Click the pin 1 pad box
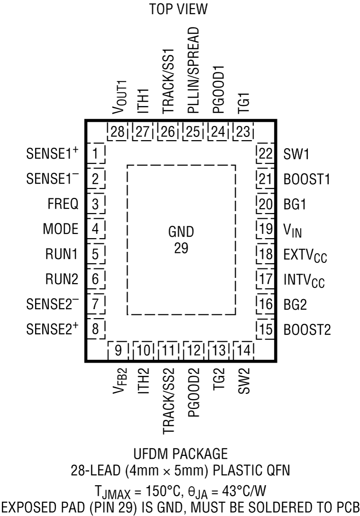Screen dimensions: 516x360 96,154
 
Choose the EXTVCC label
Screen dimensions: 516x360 306,256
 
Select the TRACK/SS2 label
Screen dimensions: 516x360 168,403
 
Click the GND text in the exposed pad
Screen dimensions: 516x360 181,233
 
